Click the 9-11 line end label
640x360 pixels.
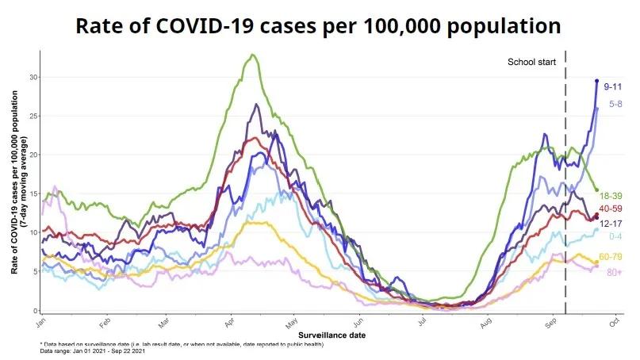(613, 85)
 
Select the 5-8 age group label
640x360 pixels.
(615, 104)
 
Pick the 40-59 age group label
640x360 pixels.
(611, 208)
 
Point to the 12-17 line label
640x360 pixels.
(611, 223)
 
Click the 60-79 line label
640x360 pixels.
(611, 256)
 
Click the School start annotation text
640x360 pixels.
(532, 62)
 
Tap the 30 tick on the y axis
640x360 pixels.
(32, 77)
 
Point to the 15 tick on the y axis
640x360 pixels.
(32, 193)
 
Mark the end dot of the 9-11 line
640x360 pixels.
(597, 81)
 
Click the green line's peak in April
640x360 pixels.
(252, 55)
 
